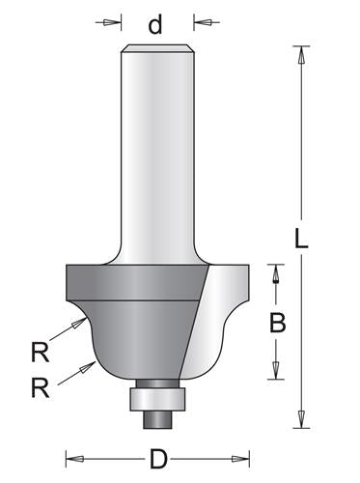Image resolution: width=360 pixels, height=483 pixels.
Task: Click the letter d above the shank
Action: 155,24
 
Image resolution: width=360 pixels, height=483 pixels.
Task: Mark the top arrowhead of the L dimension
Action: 302,56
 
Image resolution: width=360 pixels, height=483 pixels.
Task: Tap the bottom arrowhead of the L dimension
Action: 302,418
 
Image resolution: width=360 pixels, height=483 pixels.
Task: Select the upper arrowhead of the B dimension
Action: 277,274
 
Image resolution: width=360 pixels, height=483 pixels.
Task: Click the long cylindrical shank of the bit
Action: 157,145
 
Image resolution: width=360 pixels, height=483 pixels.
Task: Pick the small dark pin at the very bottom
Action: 156,418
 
